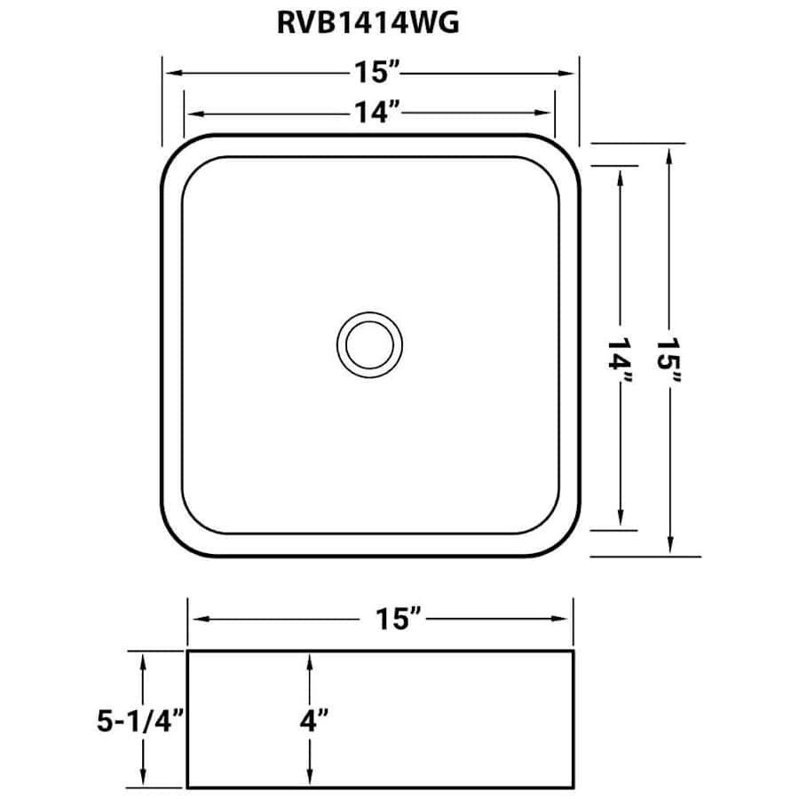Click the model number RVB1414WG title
[368, 23]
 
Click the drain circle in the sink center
[369, 345]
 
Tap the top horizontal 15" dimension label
[376, 72]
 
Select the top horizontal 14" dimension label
[376, 112]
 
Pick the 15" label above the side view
[398, 619]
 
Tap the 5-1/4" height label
[140, 721]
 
